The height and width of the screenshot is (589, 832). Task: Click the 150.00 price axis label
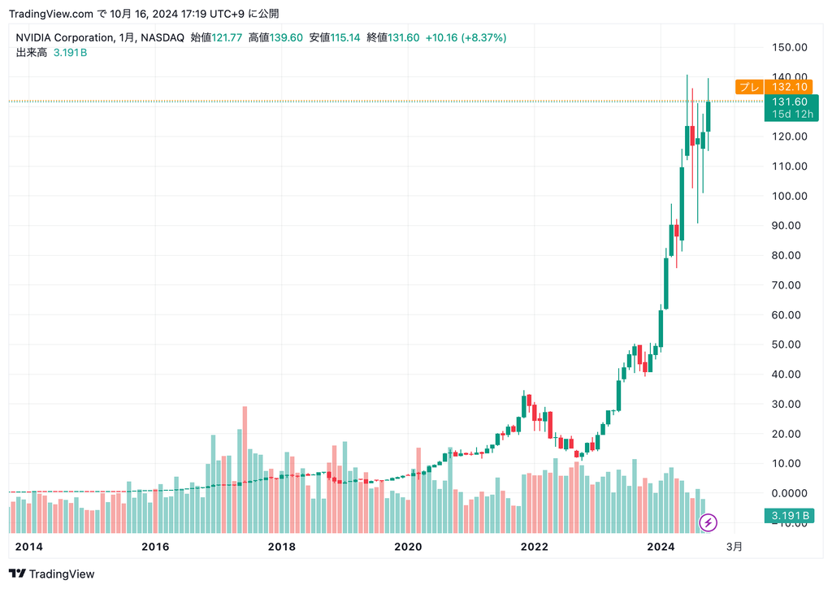(789, 47)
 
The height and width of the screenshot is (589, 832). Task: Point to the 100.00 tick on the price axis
(789, 196)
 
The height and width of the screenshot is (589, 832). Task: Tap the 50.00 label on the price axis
(789, 344)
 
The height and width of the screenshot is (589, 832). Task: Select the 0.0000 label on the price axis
(789, 493)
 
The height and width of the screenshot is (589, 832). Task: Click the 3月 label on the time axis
(734, 547)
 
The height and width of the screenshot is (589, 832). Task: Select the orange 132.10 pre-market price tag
(790, 87)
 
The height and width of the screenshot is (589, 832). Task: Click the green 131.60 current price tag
(790, 102)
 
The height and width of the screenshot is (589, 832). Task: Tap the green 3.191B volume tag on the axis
(790, 516)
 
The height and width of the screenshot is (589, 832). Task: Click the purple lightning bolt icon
(708, 522)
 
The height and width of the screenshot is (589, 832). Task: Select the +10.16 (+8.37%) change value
(466, 37)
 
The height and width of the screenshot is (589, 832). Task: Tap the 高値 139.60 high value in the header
(275, 37)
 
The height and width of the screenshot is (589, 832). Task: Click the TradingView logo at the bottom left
(52, 574)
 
